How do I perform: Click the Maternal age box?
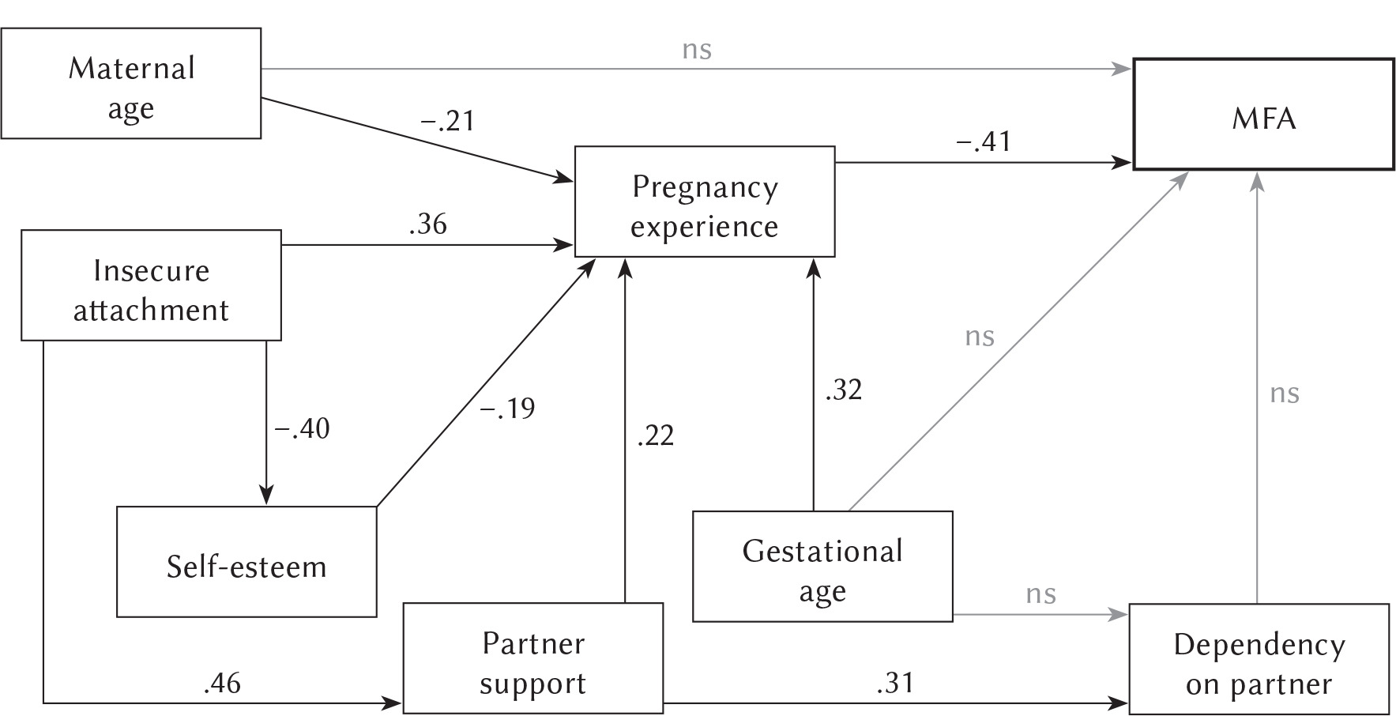131,84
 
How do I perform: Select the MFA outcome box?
1263,114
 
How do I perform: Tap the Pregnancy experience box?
704,202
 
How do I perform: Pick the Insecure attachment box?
151,285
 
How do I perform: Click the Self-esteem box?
246,562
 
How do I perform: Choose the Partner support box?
533,658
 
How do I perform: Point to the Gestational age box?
822,567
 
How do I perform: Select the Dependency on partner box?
1259,659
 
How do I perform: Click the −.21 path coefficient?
447,122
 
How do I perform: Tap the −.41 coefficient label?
984,142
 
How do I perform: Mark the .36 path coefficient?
428,224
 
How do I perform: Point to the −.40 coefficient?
302,429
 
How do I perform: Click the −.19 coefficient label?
508,409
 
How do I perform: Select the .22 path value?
656,435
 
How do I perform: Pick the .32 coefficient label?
843,390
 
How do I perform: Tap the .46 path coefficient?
222,683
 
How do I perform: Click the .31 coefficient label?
895,682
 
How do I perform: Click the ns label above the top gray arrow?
697,50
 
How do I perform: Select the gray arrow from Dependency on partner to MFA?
1257,395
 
